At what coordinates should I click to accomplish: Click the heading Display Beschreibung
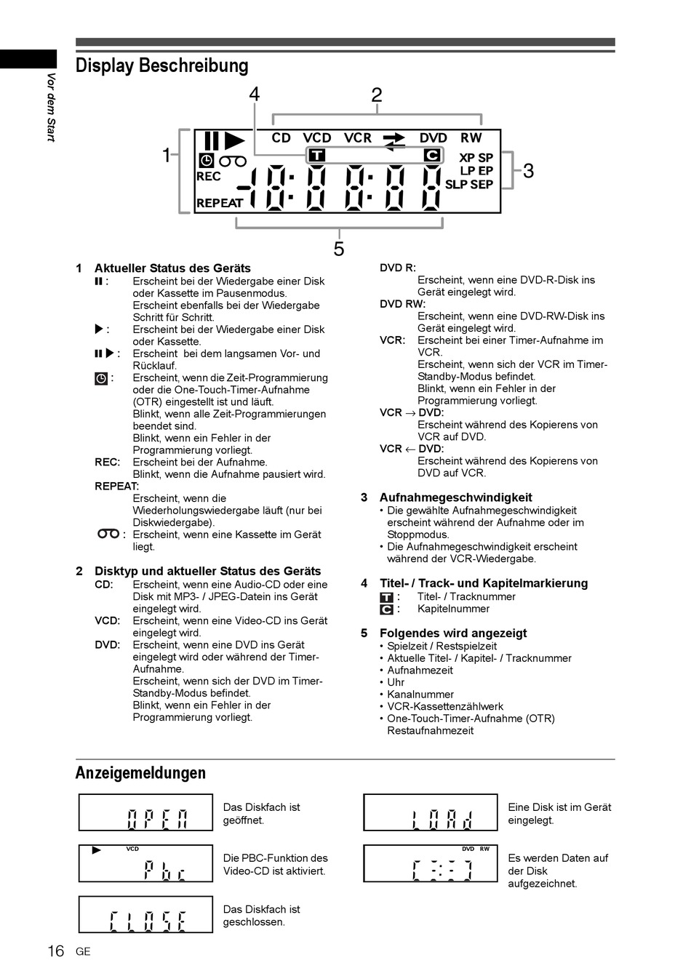click(161, 66)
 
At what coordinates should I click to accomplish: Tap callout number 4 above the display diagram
click(254, 95)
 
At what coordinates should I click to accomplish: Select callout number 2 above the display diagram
click(376, 95)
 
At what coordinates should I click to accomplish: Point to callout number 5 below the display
click(339, 249)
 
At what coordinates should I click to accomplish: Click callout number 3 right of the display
click(528, 171)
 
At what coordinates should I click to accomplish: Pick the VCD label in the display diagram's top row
click(317, 137)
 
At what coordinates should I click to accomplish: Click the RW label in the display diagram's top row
click(471, 137)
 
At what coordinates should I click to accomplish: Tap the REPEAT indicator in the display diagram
click(219, 204)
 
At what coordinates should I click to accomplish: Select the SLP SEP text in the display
click(468, 185)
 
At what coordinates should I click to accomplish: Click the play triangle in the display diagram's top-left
click(234, 140)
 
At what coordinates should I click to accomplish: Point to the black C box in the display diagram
click(432, 155)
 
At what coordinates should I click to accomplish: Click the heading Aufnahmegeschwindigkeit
click(455, 497)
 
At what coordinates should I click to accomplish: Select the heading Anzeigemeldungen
click(140, 772)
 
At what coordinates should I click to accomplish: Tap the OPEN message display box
click(145, 812)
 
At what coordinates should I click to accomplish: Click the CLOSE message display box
click(145, 914)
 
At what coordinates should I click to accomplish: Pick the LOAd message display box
click(431, 812)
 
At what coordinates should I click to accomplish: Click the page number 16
click(55, 951)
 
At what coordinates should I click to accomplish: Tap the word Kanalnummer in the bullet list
click(420, 695)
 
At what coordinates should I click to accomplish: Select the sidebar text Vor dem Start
click(51, 108)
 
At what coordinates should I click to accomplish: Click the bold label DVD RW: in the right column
click(402, 304)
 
